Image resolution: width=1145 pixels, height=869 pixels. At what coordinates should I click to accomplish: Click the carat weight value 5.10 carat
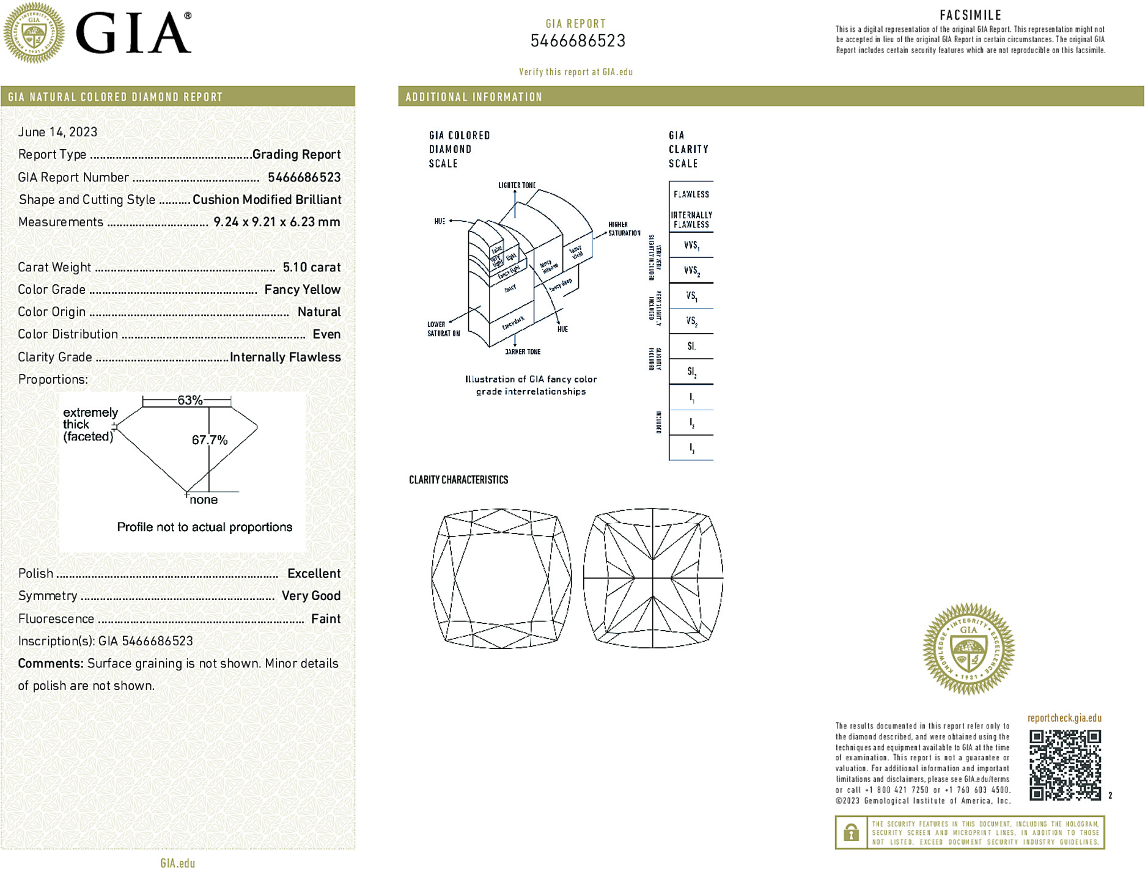pos(311,267)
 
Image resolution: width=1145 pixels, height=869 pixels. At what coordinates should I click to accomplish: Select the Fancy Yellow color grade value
pos(302,290)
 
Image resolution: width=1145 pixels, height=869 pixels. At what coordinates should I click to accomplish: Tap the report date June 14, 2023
pos(57,132)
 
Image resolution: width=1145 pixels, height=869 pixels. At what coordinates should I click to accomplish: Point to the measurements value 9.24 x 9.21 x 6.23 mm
pos(276,222)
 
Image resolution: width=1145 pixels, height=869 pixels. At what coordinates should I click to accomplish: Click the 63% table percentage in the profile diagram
pos(190,400)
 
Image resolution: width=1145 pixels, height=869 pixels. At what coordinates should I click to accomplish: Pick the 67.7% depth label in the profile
pos(209,440)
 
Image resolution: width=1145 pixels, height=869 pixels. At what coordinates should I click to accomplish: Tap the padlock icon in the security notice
pos(851,832)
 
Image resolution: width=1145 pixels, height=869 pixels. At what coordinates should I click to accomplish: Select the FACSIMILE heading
pos(970,15)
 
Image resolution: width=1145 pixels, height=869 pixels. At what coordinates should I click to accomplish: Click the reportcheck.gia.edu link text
pos(1064,718)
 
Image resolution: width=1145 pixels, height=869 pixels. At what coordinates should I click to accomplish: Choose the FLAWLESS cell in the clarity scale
pos(691,194)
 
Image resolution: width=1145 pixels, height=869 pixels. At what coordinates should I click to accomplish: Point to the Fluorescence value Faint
pos(325,618)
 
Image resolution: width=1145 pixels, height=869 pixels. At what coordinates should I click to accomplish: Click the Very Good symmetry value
pos(311,596)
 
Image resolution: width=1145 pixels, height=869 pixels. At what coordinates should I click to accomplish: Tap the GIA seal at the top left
pos(34,33)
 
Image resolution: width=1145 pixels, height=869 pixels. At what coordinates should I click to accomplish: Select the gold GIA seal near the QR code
pos(968,648)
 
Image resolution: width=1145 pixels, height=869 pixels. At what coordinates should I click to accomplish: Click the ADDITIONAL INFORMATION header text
pos(474,97)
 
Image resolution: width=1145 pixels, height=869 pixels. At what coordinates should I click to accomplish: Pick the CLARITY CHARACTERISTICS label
pos(458,480)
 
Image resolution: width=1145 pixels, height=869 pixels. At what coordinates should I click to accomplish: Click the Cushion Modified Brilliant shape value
pos(267,200)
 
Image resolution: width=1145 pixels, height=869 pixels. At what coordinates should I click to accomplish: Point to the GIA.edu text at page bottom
pos(177,863)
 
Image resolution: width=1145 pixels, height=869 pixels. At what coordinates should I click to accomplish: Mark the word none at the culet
pos(204,500)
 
